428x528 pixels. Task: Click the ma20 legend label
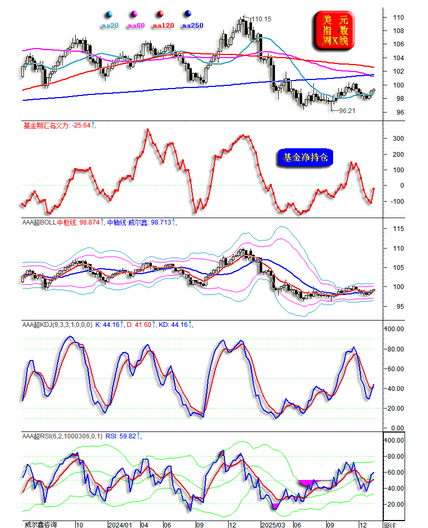coord(109,25)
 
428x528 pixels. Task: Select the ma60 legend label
coord(136,25)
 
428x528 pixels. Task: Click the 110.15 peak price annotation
coord(261,19)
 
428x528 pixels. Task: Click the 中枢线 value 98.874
coord(89,222)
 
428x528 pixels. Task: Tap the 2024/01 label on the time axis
coord(119,525)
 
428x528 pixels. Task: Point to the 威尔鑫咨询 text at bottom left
coord(39,525)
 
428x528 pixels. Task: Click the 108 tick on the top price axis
coord(398,31)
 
